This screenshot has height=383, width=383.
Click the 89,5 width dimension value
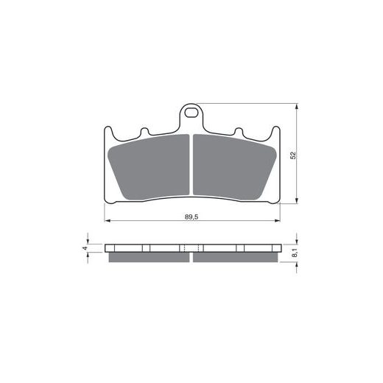191,217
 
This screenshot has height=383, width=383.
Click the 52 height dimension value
293,155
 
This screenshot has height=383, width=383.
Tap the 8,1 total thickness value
295,253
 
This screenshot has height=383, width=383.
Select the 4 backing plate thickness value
85,248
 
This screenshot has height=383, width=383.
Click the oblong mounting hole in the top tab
191,113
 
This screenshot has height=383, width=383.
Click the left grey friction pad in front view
149,167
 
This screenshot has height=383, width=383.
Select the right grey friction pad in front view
235,167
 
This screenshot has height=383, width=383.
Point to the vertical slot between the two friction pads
191,165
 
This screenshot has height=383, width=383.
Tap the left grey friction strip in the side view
149,257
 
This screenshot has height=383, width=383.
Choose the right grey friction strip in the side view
236,257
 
